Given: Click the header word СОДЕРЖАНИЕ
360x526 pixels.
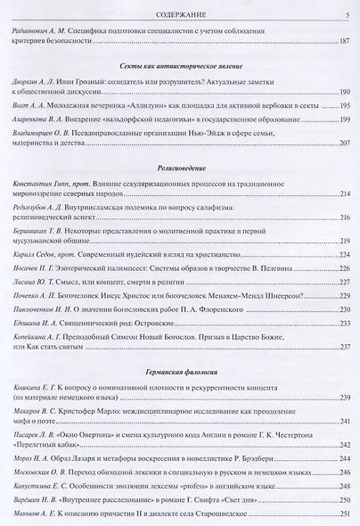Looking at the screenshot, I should point(181,12).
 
